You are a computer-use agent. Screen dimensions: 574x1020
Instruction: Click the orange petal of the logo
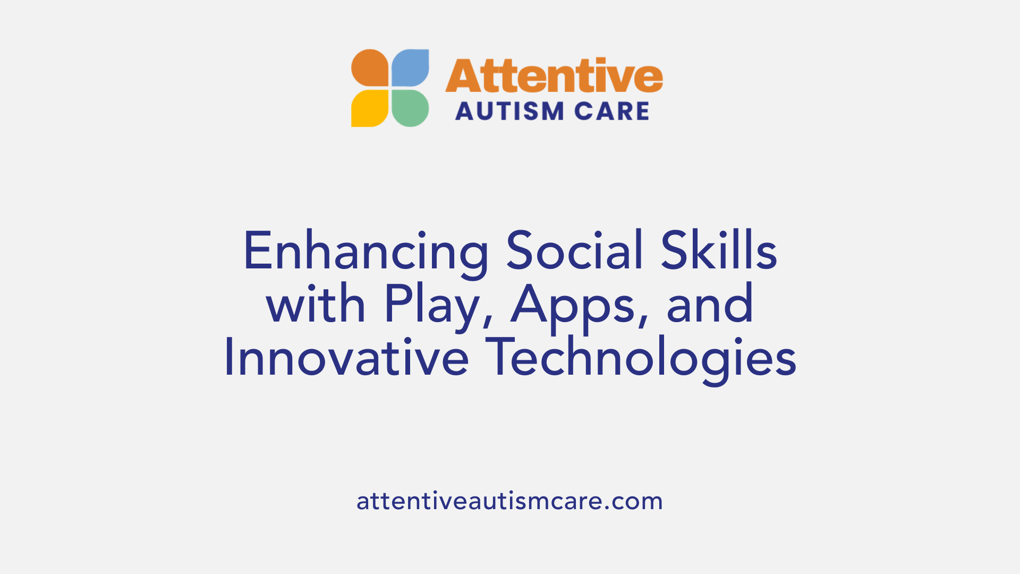[370, 67]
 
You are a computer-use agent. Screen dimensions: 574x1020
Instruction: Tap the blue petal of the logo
[410, 67]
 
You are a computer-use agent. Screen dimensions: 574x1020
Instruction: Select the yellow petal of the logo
[370, 108]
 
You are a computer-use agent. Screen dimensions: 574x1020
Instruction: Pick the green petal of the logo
[410, 108]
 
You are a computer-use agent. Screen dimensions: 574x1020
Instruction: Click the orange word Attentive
[554, 76]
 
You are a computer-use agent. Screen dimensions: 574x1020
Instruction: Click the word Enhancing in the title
[365, 251]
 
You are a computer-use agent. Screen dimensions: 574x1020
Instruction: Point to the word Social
[575, 250]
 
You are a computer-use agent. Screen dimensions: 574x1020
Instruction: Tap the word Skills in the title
[719, 250]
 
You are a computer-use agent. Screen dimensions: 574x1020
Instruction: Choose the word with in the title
[316, 305]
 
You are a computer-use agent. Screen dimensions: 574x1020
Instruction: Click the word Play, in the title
[439, 306]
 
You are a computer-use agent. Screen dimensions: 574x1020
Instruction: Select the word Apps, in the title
[579, 306]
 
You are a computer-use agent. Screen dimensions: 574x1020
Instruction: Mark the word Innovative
[346, 358]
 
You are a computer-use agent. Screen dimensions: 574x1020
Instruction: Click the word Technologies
[641, 359]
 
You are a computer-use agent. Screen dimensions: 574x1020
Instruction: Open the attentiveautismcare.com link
[509, 501]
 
